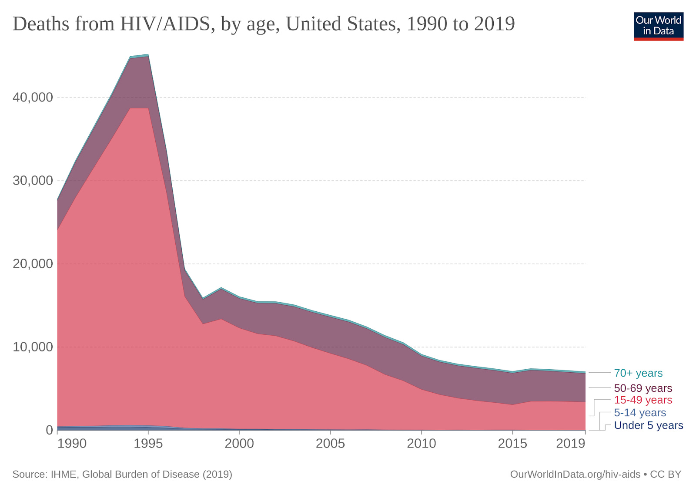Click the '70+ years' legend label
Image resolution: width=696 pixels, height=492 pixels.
click(x=638, y=373)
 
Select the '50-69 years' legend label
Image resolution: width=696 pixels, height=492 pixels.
click(x=642, y=388)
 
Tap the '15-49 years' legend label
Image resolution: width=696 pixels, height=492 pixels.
click(x=642, y=400)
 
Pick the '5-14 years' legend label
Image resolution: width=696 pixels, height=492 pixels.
click(x=639, y=412)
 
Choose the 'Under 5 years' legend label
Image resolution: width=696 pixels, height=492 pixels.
click(x=648, y=425)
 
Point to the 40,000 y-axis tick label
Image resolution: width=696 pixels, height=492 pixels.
click(x=33, y=97)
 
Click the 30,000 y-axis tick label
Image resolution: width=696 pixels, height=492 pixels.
click(x=33, y=180)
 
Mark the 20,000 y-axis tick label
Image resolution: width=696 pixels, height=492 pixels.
click(x=33, y=263)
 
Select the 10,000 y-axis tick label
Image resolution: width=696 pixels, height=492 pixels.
click(x=33, y=347)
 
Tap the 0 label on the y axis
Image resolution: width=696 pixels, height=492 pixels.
click(x=49, y=430)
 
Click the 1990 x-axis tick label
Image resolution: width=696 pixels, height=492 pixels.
click(x=72, y=443)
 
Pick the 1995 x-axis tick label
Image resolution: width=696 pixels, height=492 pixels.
click(x=148, y=443)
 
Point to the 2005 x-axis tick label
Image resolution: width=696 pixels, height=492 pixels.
click(x=330, y=443)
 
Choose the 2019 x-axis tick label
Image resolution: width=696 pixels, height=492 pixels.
click(x=570, y=443)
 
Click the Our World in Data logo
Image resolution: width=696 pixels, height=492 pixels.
click(x=658, y=26)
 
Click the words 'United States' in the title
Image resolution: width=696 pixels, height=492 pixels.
click(x=343, y=24)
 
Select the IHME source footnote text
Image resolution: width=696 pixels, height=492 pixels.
click(x=122, y=474)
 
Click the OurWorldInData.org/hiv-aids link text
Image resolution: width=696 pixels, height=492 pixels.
click(x=575, y=474)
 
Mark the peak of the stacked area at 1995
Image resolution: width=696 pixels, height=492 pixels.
click(x=148, y=55)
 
